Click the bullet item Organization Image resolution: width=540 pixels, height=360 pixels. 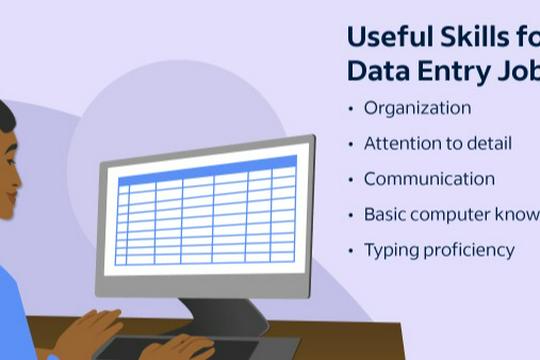click(417, 108)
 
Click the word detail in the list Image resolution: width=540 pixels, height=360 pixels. click(488, 144)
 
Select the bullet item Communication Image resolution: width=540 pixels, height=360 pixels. click(429, 179)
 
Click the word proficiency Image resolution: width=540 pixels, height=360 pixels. click(468, 250)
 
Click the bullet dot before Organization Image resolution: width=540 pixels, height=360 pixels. click(350, 109)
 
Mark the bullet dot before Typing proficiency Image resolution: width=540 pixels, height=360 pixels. click(350, 250)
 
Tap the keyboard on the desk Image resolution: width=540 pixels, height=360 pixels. click(160, 347)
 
